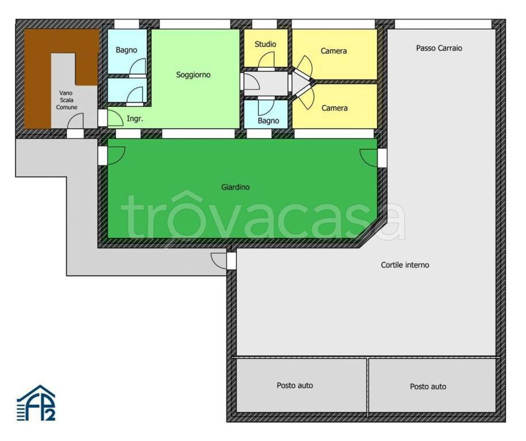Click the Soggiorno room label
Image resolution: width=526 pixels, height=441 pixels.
(193, 75)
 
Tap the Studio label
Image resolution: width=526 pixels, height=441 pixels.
(266, 44)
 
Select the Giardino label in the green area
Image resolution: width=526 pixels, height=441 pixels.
(235, 187)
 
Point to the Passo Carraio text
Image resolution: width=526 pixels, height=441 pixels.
(439, 48)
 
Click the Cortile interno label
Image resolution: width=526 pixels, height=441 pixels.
(405, 265)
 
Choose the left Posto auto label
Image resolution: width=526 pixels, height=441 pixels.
(295, 385)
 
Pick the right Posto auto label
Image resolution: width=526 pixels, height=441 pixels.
(428, 386)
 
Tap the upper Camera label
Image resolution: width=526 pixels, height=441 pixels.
(333, 51)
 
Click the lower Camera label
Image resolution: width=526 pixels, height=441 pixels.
(335, 108)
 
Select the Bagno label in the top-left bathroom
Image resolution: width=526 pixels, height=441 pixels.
(126, 50)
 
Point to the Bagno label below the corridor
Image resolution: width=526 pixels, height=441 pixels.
(268, 121)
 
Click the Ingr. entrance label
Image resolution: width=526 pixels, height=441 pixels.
(135, 118)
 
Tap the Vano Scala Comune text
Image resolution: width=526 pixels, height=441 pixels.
(67, 100)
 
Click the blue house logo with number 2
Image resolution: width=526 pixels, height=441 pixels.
(36, 403)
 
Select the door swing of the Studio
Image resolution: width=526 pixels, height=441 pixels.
(266, 60)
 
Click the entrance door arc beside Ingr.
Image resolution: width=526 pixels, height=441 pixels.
(115, 118)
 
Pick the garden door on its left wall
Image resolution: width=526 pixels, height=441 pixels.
(116, 156)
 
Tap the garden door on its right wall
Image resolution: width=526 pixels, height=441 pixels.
(368, 158)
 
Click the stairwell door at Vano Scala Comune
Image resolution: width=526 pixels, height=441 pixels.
(75, 121)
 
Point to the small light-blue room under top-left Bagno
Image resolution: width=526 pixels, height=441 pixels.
(127, 90)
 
